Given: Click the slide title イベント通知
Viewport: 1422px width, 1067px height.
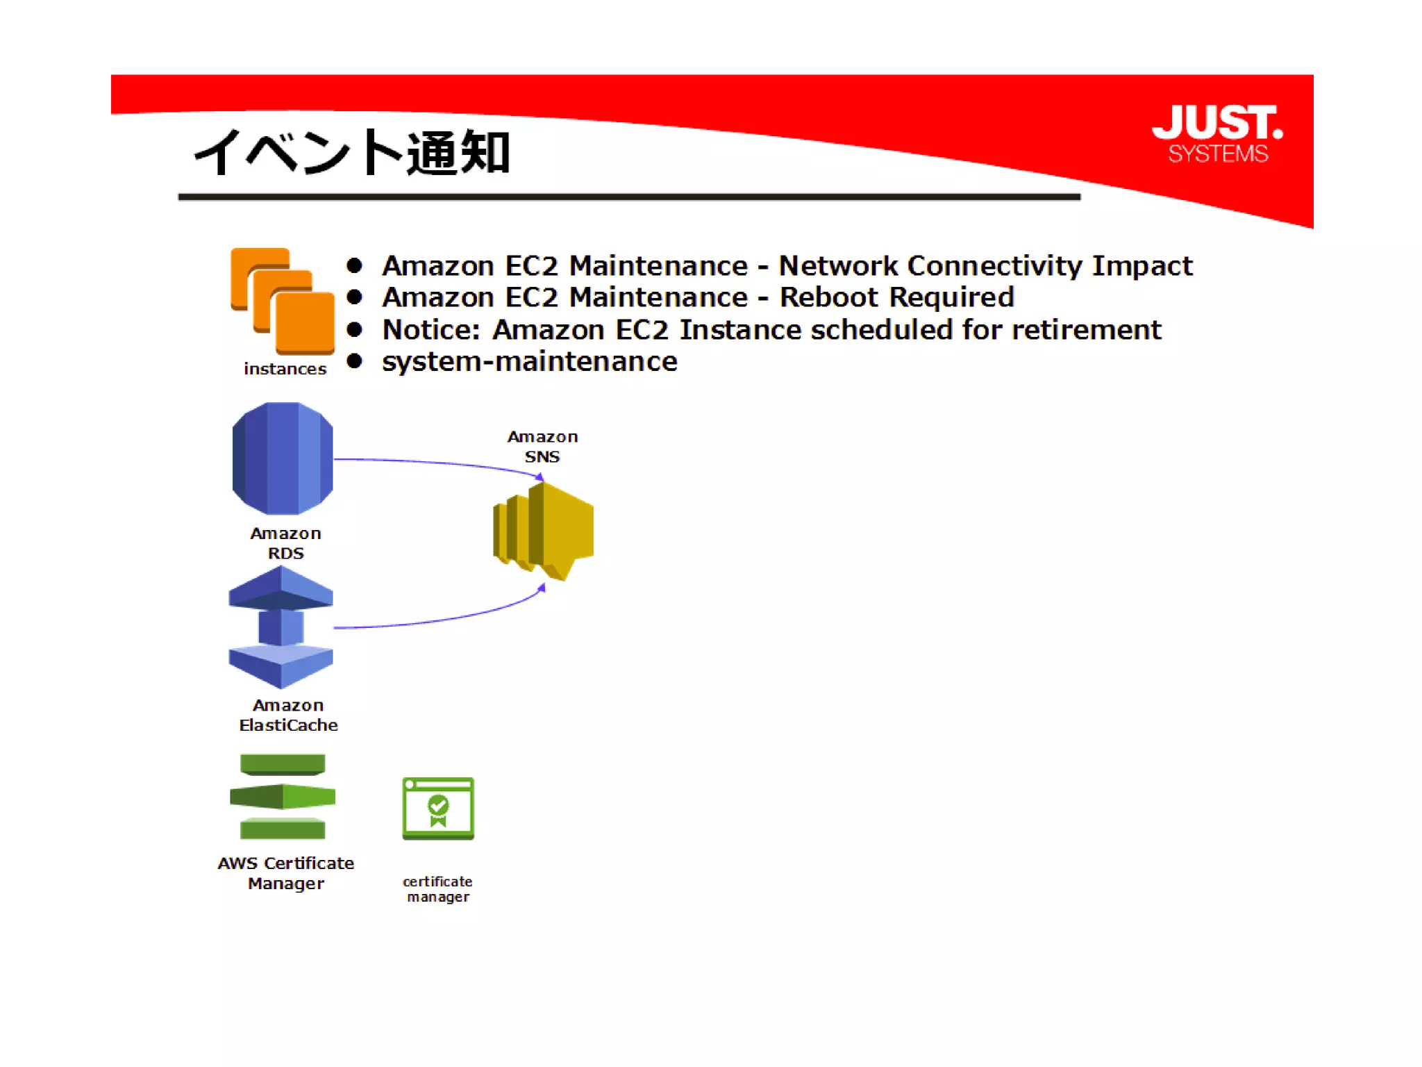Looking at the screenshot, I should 352,152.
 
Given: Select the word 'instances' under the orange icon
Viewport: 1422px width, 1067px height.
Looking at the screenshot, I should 285,369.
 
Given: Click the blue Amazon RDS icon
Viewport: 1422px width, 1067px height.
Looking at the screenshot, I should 283,458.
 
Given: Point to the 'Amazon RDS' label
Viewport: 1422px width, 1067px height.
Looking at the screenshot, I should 285,543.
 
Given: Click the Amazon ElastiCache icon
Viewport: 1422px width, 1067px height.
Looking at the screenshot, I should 281,627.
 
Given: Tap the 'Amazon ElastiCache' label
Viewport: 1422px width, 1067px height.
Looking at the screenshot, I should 288,715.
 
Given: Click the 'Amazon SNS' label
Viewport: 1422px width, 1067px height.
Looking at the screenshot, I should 542,447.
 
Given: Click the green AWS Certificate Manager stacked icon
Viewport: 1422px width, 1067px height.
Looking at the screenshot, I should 283,796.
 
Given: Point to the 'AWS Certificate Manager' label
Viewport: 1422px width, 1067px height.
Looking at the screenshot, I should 285,873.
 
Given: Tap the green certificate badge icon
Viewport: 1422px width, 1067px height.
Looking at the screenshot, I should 438,809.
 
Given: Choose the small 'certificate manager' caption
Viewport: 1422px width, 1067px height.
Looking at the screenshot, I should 437,889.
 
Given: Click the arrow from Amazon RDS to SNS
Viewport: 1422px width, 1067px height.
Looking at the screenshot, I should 437,463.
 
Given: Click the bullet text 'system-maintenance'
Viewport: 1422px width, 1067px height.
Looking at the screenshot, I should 530,361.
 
